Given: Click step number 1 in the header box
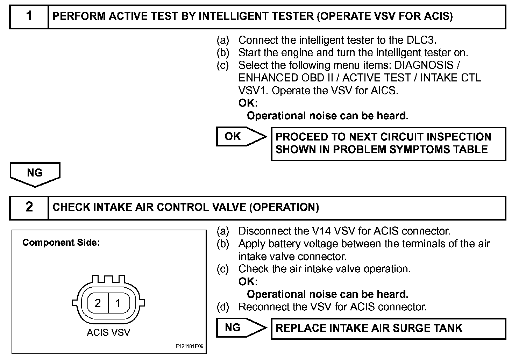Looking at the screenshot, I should pyautogui.click(x=29, y=16).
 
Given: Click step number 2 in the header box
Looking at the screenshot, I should pyautogui.click(x=29, y=207).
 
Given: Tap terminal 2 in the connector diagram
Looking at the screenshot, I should pyautogui.click(x=98, y=303).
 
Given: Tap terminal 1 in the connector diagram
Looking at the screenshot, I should pyautogui.click(x=118, y=303).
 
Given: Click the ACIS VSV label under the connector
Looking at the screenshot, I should pyautogui.click(x=108, y=332).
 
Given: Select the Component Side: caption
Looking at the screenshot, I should pyautogui.click(x=61, y=243).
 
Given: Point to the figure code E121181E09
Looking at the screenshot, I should pyautogui.click(x=189, y=347).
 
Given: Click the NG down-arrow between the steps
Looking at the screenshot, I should pyautogui.click(x=35, y=173).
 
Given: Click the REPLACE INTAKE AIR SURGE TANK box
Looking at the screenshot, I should pyautogui.click(x=388, y=328).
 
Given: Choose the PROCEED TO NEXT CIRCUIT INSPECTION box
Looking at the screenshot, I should pyautogui.click(x=388, y=143).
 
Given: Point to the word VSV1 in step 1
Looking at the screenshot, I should pyautogui.click(x=253, y=91).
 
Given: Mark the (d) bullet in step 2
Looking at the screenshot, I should pyautogui.click(x=223, y=307).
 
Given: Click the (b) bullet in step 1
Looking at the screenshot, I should pyautogui.click(x=223, y=53).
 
